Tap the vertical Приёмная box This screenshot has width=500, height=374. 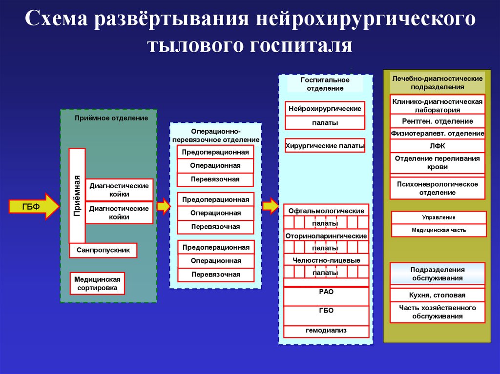[x=77, y=195]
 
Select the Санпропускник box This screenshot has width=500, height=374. [x=103, y=250]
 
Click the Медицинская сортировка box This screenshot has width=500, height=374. [x=97, y=284]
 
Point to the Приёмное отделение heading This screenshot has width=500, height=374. [x=111, y=118]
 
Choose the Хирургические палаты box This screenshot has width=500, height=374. [x=325, y=145]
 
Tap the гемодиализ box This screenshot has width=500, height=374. [x=326, y=331]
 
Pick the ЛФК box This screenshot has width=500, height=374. [x=437, y=146]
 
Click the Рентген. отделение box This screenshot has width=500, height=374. [x=437, y=121]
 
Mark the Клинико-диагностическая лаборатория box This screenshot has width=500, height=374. [x=437, y=105]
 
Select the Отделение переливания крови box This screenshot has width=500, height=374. [x=437, y=163]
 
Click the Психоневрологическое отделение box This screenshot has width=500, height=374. [x=437, y=188]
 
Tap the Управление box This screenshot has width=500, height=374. [x=439, y=217]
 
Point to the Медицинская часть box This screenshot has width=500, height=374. [x=439, y=230]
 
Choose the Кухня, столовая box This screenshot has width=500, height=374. [x=437, y=295]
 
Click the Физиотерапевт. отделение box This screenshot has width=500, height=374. [x=437, y=133]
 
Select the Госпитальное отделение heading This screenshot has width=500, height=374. [x=325, y=84]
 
